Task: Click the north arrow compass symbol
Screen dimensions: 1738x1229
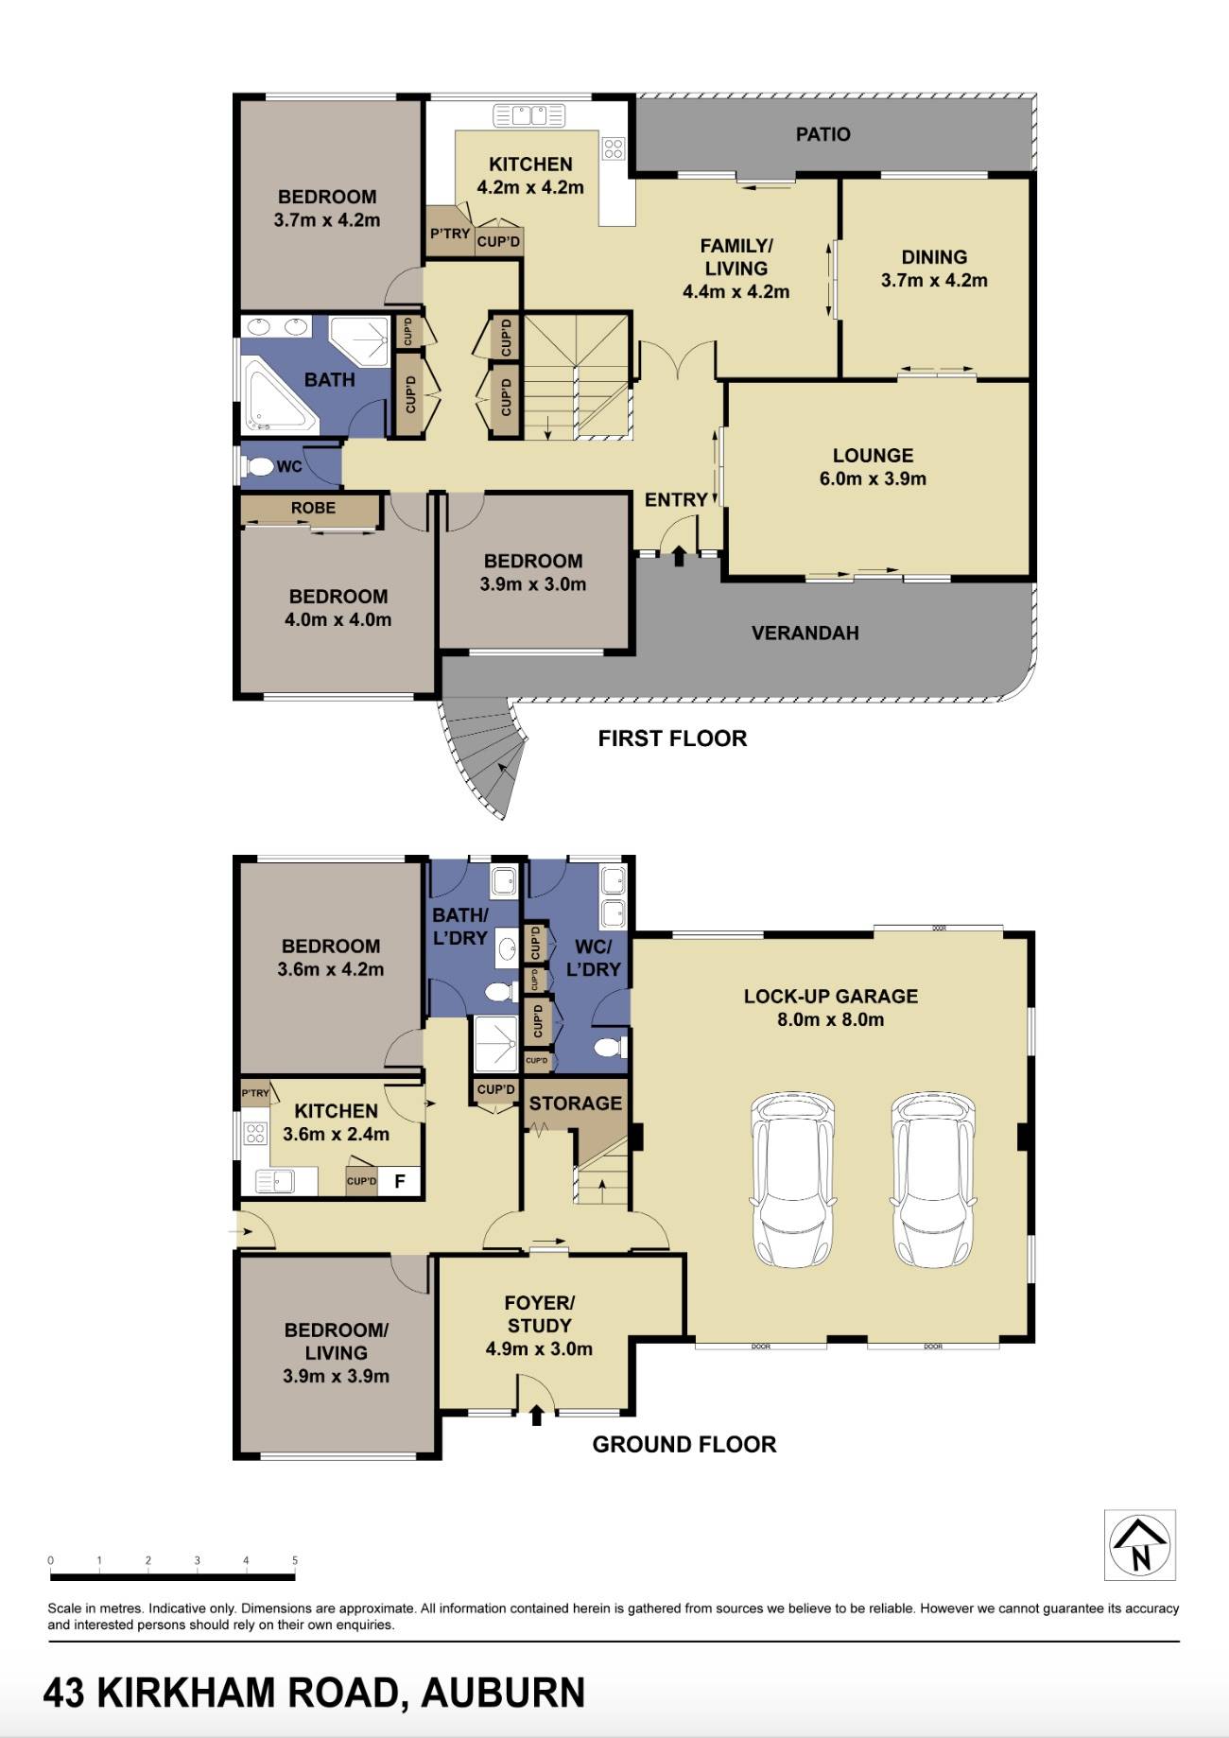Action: tap(1139, 1544)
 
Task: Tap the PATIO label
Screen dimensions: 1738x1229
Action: tap(822, 134)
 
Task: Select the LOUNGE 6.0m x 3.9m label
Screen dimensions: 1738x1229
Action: tap(872, 467)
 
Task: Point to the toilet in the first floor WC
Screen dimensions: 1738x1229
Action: tap(258, 466)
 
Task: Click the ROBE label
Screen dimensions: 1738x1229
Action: tap(313, 508)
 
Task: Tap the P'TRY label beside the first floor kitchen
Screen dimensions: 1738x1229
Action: tap(449, 234)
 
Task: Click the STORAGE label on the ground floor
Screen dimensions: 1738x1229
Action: tap(575, 1104)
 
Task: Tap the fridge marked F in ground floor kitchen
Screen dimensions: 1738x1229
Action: tap(400, 1181)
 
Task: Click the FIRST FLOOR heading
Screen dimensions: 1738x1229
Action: tap(672, 739)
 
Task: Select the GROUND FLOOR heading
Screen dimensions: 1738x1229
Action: tap(684, 1444)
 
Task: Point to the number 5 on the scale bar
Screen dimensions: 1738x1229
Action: tap(295, 1560)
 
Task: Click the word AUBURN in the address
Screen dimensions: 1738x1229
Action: tap(503, 1693)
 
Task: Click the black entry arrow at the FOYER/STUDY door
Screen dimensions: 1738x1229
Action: tap(537, 1416)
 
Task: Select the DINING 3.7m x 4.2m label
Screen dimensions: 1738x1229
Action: tap(934, 269)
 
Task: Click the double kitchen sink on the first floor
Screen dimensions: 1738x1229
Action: tap(528, 115)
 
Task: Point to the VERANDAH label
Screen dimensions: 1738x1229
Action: tap(805, 633)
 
